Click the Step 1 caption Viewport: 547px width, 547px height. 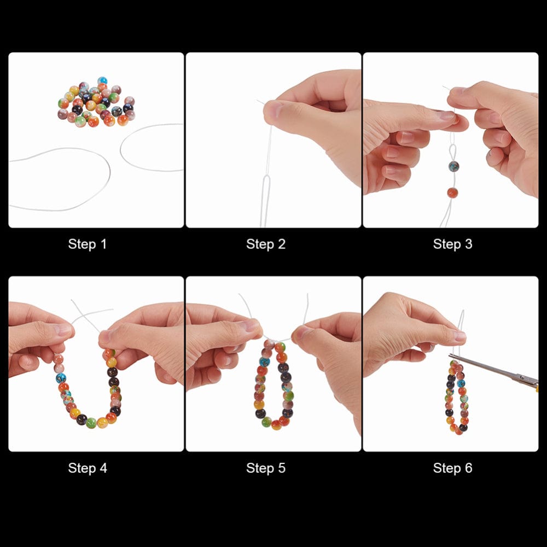click(88, 244)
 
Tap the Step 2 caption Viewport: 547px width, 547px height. click(266, 244)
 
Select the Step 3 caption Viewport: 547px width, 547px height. click(452, 244)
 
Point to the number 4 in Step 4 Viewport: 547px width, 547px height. click(103, 468)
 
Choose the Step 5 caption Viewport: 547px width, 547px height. click(266, 468)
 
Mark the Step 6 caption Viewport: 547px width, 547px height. click(452, 468)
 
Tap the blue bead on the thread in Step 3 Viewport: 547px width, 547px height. click(453, 166)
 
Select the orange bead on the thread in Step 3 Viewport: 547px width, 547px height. click(452, 193)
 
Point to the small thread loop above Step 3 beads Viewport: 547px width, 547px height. click(451, 150)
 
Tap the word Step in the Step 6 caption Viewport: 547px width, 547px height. click(445, 468)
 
